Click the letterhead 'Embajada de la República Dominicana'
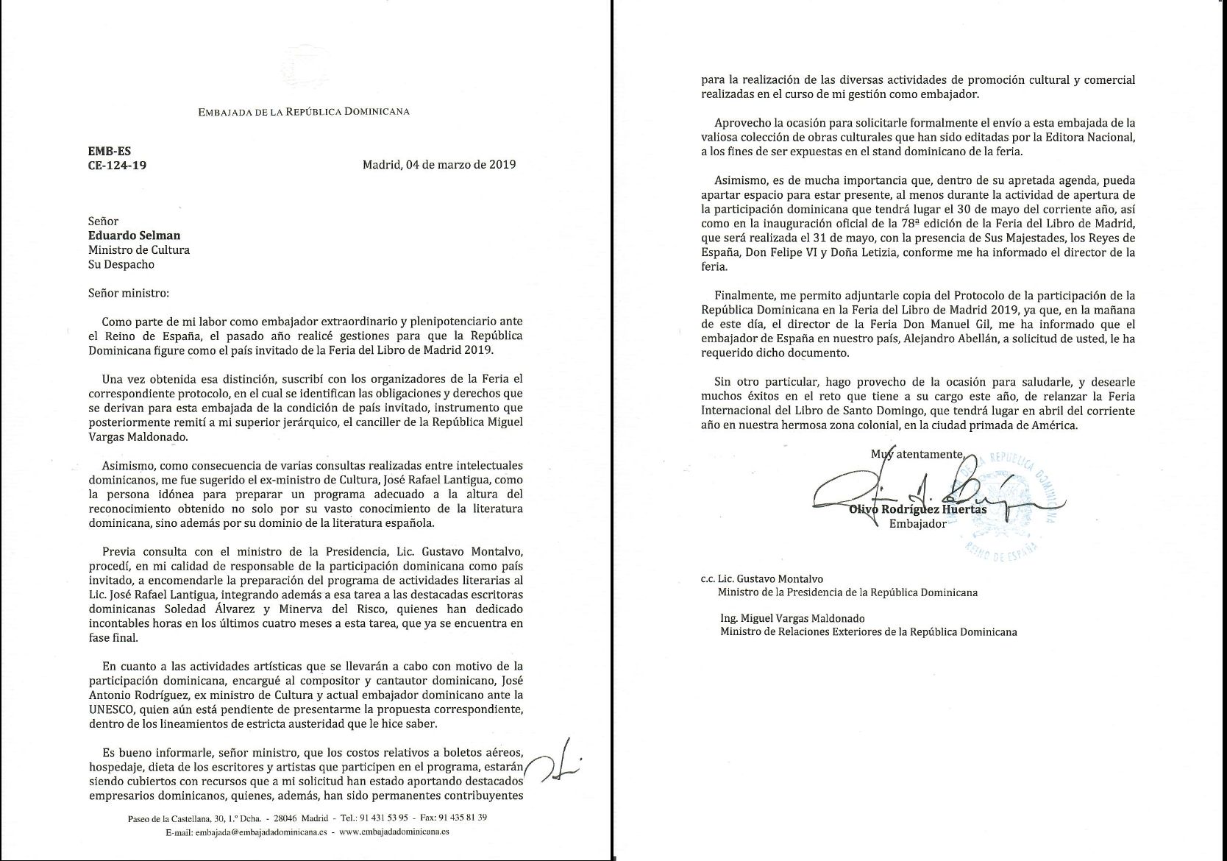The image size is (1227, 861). point(303,112)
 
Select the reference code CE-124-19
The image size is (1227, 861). point(117,166)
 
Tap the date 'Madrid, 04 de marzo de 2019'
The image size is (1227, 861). point(438,165)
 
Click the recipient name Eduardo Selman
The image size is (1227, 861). point(134,235)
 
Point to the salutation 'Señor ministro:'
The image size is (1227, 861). point(128,293)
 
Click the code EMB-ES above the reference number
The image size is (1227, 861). point(110,151)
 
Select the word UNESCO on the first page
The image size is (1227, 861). point(117,709)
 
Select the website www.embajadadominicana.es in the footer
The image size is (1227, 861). point(395,832)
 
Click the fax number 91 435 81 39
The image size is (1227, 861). point(462,818)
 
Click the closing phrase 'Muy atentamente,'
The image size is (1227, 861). point(917,454)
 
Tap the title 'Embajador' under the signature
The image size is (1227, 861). point(917,524)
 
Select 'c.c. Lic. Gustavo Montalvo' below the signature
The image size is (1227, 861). point(761,578)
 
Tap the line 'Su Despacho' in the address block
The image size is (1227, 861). point(121,264)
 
